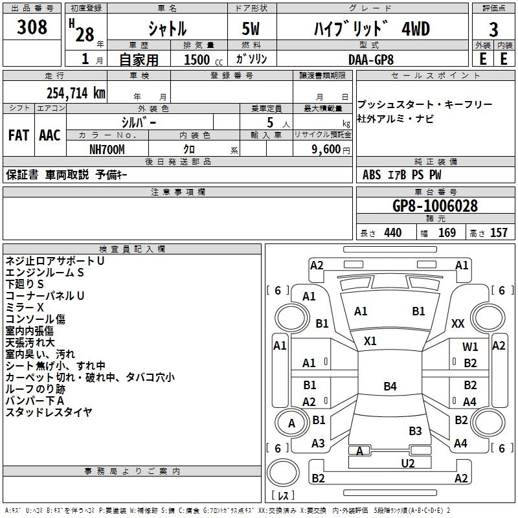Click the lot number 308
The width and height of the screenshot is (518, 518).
(x=32, y=27)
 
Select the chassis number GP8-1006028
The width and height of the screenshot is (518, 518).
(x=435, y=206)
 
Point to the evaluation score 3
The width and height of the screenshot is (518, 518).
(x=493, y=29)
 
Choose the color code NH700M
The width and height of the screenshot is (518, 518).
(x=107, y=149)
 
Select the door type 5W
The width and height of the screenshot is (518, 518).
(x=251, y=29)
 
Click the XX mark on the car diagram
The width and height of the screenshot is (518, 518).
(x=458, y=323)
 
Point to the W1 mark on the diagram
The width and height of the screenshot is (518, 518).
(x=470, y=347)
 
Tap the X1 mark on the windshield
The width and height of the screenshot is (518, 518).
(x=370, y=341)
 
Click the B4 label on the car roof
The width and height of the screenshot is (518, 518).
(x=390, y=387)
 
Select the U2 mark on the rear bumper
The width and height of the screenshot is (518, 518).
(x=407, y=463)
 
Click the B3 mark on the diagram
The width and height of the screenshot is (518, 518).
(x=415, y=431)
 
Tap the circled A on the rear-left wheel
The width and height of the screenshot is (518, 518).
(x=291, y=423)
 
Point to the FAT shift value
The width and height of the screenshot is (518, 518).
(x=18, y=135)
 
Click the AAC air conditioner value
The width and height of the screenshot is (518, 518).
(x=50, y=135)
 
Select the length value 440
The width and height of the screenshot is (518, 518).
(x=392, y=233)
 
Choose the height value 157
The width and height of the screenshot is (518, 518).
(x=499, y=233)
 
